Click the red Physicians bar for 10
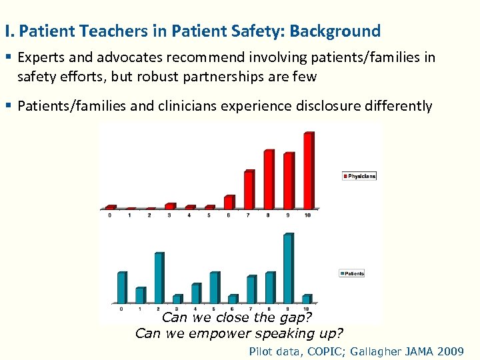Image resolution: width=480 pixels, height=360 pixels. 308,171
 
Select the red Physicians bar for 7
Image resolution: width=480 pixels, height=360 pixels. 249,190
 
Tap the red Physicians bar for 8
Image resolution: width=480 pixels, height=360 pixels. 269,179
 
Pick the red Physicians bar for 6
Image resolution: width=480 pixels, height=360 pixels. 229,202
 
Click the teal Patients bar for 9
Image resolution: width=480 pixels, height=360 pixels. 287,269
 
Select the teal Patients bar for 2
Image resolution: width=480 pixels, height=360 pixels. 159,278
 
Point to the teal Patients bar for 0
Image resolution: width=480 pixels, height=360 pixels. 121,287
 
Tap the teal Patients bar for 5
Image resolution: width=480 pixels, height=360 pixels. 214,287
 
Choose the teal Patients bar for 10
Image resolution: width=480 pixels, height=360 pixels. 306,299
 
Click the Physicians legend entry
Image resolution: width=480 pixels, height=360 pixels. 359,176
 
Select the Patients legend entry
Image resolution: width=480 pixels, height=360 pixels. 352,273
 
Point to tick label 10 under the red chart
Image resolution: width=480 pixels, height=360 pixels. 307,215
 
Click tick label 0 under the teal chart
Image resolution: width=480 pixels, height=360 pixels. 121,309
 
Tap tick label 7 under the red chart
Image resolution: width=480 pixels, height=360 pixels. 248,215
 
